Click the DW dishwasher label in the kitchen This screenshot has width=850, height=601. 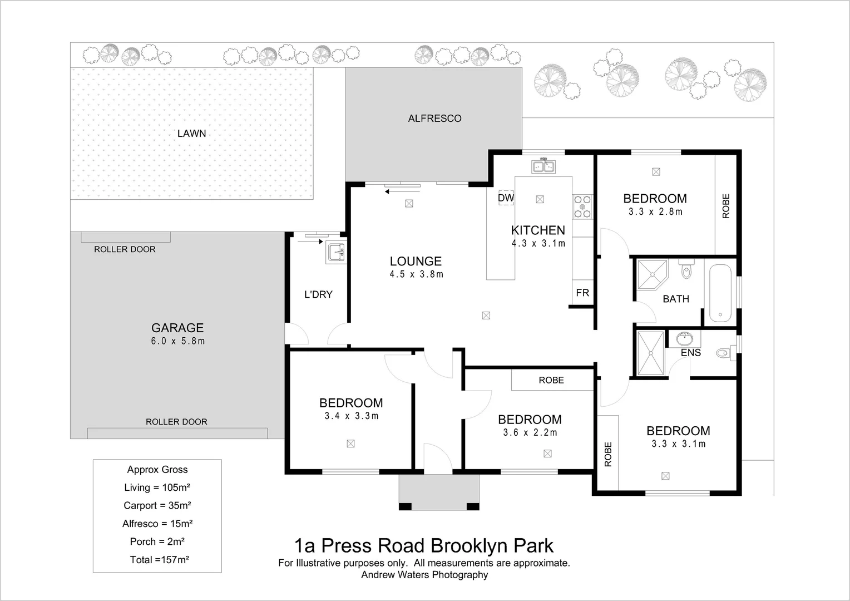pyautogui.click(x=506, y=198)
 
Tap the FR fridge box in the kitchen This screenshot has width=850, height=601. pyautogui.click(x=582, y=293)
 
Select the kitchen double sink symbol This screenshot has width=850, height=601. pyautogui.click(x=543, y=166)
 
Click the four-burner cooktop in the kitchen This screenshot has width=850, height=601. pyautogui.click(x=582, y=206)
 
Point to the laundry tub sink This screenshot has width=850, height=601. pyautogui.click(x=336, y=253)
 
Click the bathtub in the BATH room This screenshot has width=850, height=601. pyautogui.click(x=720, y=293)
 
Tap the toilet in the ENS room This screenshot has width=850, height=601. pyautogui.click(x=724, y=353)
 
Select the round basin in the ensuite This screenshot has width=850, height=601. pyautogui.click(x=684, y=338)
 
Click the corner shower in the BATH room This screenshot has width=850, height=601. pyautogui.click(x=651, y=274)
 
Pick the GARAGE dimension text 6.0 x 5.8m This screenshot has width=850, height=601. pyautogui.click(x=177, y=341)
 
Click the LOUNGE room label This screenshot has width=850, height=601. pyautogui.click(x=416, y=261)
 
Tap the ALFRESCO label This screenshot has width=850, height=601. pyautogui.click(x=434, y=118)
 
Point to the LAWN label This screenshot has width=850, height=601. pyautogui.click(x=191, y=134)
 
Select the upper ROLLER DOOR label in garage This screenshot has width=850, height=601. pyautogui.click(x=125, y=249)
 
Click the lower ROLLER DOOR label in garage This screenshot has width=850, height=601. pyautogui.click(x=176, y=422)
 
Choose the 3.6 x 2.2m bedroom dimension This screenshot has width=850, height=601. pyautogui.click(x=530, y=432)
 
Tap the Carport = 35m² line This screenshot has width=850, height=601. pyautogui.click(x=157, y=505)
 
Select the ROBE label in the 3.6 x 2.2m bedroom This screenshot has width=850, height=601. pyautogui.click(x=551, y=380)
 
